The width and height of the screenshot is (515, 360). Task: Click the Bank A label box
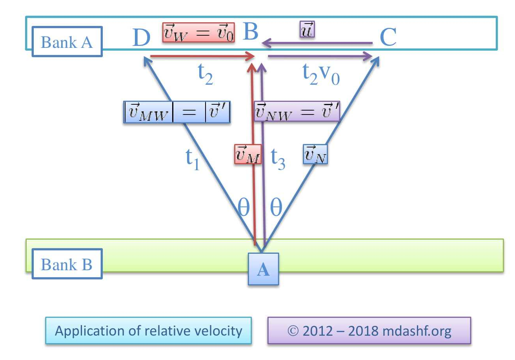pyautogui.click(x=67, y=42)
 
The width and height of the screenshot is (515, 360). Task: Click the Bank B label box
pyautogui.click(x=67, y=264)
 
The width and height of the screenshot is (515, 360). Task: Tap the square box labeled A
pyautogui.click(x=263, y=269)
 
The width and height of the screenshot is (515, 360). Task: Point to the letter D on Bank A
pyautogui.click(x=141, y=38)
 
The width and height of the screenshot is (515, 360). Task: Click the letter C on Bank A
pyautogui.click(x=388, y=38)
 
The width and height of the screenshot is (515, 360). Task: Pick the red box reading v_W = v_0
pyautogui.click(x=198, y=33)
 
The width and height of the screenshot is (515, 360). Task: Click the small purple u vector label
pyautogui.click(x=307, y=30)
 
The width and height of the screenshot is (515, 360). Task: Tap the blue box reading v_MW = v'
pyautogui.click(x=177, y=113)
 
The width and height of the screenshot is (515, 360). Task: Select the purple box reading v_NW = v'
pyautogui.click(x=297, y=111)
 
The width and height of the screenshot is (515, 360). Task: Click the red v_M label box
pyautogui.click(x=247, y=155)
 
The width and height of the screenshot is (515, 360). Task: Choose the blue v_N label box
pyautogui.click(x=315, y=155)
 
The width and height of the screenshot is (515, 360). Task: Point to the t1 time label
pyautogui.click(x=192, y=159)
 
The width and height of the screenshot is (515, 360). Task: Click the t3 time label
pyautogui.click(x=278, y=158)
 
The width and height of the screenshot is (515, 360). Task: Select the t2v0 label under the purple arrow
pyautogui.click(x=321, y=75)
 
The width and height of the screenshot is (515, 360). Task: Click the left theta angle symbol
pyautogui.click(x=244, y=208)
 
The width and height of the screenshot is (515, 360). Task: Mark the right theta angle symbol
pyautogui.click(x=276, y=208)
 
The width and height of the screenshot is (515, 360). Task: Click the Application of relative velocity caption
pyautogui.click(x=148, y=331)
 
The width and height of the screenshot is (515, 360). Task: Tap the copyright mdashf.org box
pyautogui.click(x=369, y=331)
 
